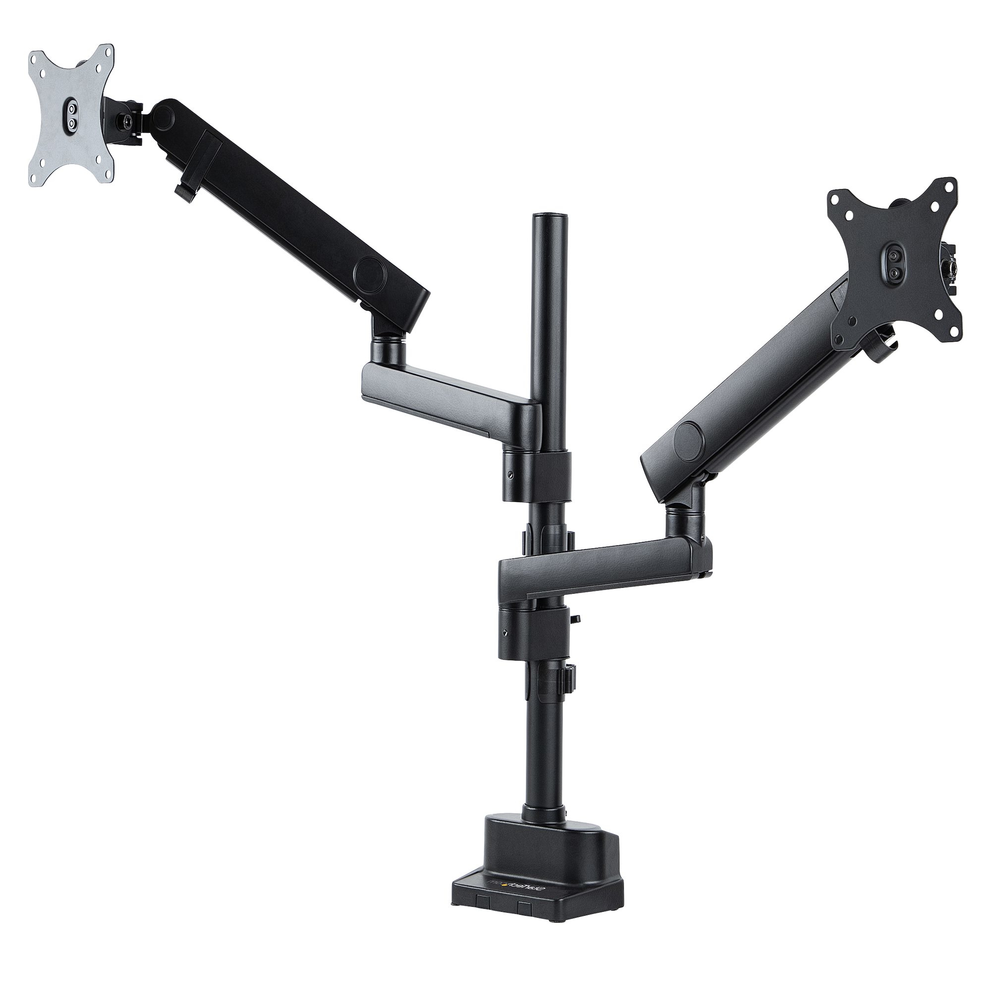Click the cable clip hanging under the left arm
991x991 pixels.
click(183, 192)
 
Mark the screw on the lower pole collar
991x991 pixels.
click(506, 632)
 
